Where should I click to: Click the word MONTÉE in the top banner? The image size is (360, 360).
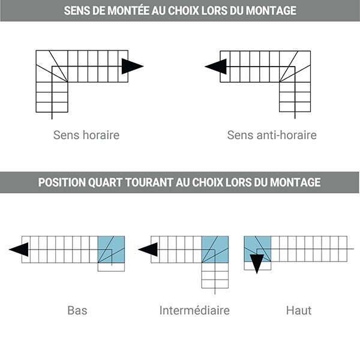(x=128, y=10)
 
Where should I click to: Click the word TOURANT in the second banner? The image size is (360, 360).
(x=149, y=182)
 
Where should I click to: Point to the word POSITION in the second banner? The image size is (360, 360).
(x=62, y=182)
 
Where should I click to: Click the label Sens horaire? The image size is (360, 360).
(x=86, y=135)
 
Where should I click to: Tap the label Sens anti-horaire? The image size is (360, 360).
(x=272, y=135)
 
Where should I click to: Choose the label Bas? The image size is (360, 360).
(x=77, y=310)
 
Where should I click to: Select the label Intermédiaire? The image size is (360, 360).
(x=194, y=310)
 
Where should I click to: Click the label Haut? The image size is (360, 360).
(x=299, y=310)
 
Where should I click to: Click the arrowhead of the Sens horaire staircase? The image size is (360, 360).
(x=133, y=67)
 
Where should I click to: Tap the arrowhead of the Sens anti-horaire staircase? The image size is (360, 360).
(x=216, y=67)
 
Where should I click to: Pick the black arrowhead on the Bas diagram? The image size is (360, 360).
(x=19, y=250)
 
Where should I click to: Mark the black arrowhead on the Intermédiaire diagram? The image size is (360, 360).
(x=148, y=250)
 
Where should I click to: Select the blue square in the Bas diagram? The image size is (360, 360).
(x=112, y=250)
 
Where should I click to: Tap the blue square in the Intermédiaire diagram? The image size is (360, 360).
(x=215, y=250)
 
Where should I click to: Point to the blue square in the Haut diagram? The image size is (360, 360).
(x=257, y=248)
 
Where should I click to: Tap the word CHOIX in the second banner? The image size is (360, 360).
(x=208, y=182)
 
